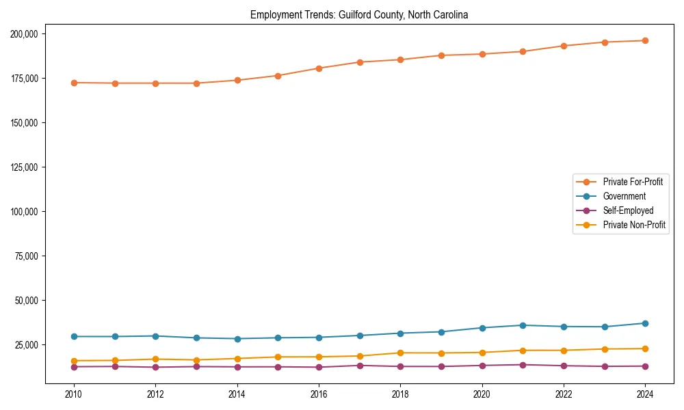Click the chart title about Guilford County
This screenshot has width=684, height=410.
359,15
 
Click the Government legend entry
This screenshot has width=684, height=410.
624,196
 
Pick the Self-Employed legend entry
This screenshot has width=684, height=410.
628,210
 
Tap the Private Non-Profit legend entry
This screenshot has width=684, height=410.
634,225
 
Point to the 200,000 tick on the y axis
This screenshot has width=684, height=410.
24,33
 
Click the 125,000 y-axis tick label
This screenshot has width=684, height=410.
24,167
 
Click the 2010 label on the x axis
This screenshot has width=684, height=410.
74,394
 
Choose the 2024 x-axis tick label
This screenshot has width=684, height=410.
645,394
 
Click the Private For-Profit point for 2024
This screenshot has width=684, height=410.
645,40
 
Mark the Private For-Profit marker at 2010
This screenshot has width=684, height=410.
74,83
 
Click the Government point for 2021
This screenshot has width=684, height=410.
523,325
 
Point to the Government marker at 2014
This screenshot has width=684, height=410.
237,339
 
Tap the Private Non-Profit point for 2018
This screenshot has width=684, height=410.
400,353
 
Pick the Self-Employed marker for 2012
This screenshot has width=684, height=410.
155,368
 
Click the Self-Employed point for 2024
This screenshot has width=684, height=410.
645,366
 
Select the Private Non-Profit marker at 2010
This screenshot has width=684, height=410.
74,361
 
